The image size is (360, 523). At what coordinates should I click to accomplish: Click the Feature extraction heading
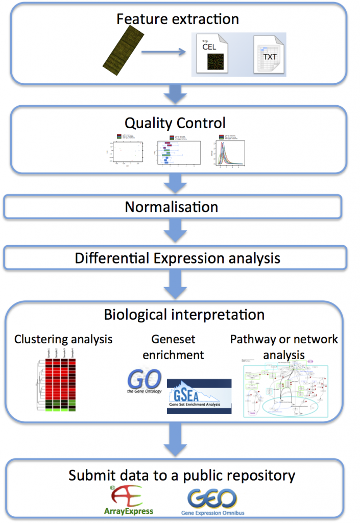pos(178,19)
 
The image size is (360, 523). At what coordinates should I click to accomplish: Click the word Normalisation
pos(172,207)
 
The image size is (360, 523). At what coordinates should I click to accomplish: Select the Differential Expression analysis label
pos(178,258)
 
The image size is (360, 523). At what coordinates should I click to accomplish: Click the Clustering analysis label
pos(63,339)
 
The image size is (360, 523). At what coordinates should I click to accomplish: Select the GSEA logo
pos(200,396)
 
